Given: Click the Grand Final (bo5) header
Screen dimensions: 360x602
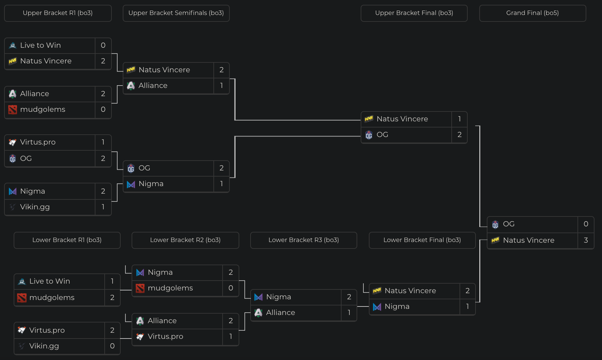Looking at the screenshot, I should (532, 13).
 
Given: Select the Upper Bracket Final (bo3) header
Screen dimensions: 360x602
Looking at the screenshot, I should (414, 13).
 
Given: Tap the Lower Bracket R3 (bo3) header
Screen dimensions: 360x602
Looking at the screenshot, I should (303, 240).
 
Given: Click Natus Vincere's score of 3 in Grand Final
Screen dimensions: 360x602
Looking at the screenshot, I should (586, 240).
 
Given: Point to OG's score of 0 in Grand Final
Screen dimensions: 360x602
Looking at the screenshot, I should (586, 224).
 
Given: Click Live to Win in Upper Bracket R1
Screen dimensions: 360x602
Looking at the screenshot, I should (40, 45).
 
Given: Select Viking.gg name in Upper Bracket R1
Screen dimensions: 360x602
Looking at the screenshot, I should (35, 207).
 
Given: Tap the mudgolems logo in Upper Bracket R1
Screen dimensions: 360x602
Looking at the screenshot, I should (13, 109).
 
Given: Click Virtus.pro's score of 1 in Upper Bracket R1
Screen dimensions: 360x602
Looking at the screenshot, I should (103, 142).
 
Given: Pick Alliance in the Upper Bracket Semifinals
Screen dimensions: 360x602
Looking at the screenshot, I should (153, 86).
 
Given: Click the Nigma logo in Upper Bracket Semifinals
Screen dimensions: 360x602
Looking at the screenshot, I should (131, 184).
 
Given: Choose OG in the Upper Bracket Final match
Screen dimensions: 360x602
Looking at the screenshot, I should (382, 135).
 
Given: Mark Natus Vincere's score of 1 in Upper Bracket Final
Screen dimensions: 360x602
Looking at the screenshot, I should (459, 119).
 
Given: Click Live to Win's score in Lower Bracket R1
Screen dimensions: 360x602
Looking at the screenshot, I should (112, 281).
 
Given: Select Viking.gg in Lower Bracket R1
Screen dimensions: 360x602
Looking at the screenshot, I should (44, 346).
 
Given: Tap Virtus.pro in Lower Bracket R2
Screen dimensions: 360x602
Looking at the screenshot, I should (165, 336).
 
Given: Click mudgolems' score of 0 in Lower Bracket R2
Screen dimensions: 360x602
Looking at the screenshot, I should (230, 288).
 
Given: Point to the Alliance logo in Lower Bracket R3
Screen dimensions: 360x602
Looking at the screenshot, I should (258, 313).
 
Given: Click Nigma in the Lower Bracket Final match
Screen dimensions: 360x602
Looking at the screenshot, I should (397, 306).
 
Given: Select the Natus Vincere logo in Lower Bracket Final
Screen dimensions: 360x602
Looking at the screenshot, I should (377, 291).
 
